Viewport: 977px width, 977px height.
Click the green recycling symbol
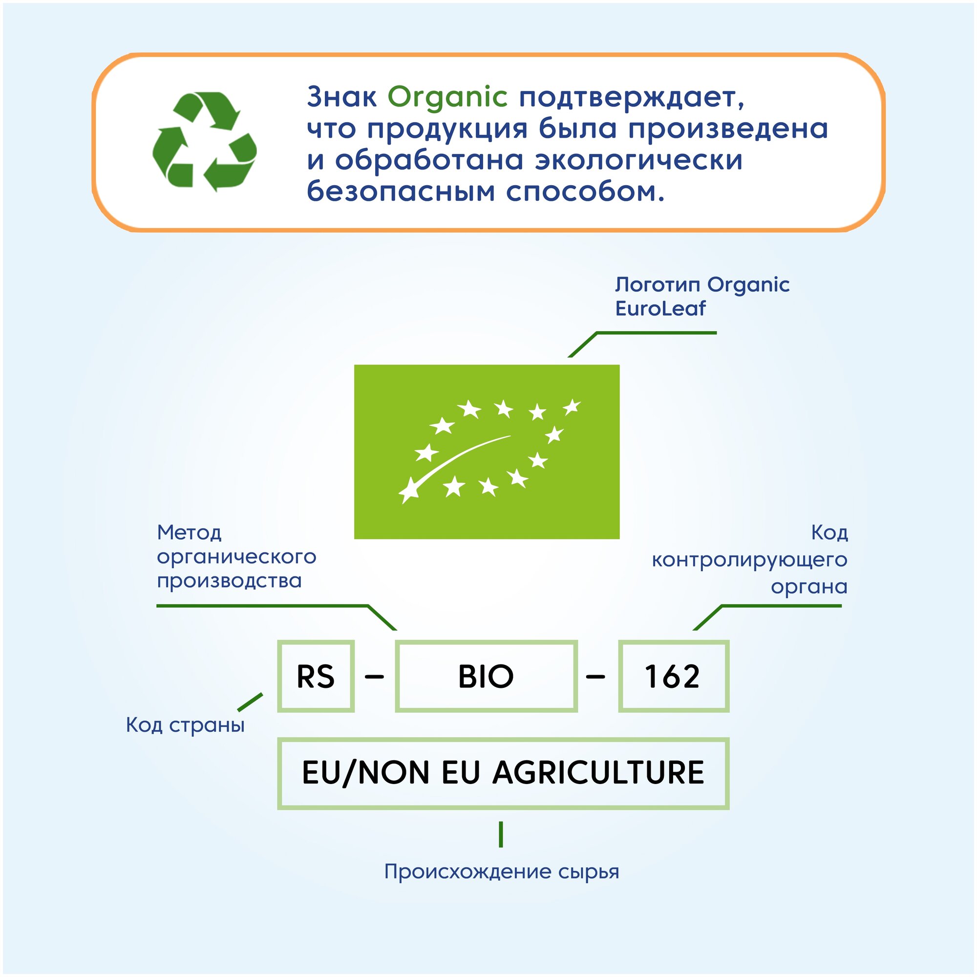204,142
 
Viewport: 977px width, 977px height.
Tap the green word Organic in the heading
447,97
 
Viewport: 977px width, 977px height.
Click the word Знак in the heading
342,97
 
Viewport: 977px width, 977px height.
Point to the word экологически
638,160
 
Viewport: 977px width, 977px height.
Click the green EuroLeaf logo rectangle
487,451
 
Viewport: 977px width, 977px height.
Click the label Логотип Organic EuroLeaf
701,297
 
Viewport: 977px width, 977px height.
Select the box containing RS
316,676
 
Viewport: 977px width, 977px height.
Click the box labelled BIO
486,676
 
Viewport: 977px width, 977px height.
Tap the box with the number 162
673,676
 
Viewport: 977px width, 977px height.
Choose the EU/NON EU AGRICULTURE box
503,773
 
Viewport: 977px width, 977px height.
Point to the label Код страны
185,724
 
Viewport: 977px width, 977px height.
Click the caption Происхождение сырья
502,871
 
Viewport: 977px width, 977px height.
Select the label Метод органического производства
236,556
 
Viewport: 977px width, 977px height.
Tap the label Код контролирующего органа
749,559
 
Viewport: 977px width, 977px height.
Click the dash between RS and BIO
374,676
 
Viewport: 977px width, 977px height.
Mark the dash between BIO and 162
595,676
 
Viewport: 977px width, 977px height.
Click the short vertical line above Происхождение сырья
501,834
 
